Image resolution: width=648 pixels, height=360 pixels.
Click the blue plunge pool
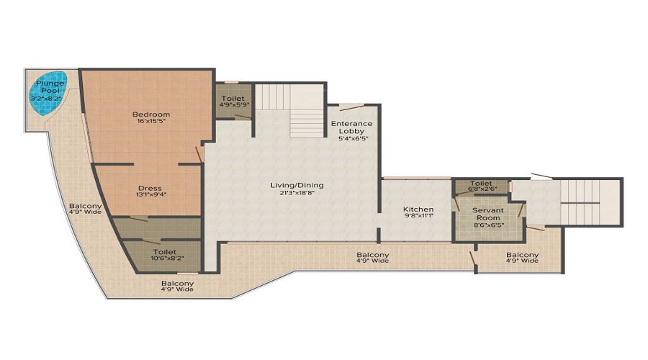point(49,94)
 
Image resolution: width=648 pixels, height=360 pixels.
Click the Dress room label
point(150,188)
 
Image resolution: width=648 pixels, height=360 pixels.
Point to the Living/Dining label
point(297,185)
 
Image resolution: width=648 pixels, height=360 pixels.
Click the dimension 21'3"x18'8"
point(297,192)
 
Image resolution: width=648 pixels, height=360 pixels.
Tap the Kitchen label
point(418,209)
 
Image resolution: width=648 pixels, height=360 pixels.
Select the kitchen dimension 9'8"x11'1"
point(418,216)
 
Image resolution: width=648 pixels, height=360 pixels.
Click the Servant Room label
point(488,214)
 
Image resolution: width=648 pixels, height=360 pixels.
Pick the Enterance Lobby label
point(351,127)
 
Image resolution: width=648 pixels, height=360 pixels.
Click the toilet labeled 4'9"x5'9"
point(233,102)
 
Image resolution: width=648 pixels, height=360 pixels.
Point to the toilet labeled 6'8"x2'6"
point(482,186)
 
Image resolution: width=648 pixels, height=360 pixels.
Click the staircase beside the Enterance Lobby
point(289,110)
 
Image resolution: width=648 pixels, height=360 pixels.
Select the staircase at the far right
point(591,202)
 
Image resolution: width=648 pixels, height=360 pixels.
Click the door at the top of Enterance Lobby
point(351,107)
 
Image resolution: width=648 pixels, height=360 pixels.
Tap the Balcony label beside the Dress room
point(86,209)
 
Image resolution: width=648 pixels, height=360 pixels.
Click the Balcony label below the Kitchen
point(372,258)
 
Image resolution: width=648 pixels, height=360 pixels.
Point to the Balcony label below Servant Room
point(523,258)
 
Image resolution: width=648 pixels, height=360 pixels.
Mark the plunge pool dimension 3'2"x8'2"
point(49,99)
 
